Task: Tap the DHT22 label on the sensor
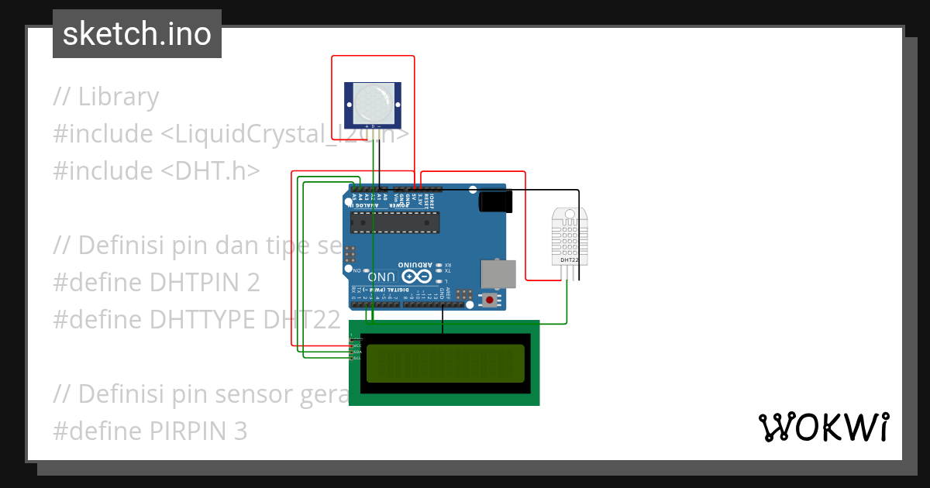point(569,260)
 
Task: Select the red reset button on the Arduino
point(489,299)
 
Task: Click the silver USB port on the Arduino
point(497,273)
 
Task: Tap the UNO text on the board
point(382,277)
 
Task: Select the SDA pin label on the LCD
point(357,352)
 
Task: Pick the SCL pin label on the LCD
point(357,358)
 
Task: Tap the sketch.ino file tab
point(137,34)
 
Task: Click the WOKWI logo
point(824,428)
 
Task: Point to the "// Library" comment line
point(106,97)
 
